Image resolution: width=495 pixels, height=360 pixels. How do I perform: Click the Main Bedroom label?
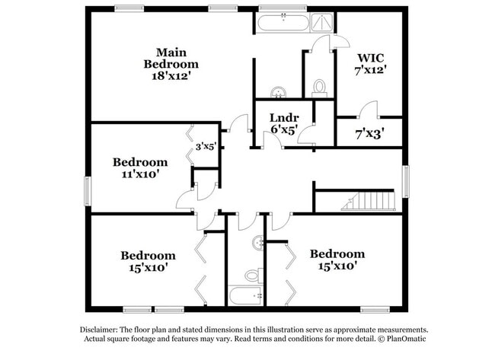click(171, 64)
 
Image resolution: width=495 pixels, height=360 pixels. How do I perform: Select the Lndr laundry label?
click(284, 123)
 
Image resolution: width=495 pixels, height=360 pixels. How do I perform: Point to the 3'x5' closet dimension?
click(206, 146)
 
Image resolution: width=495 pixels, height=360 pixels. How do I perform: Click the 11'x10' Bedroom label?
click(140, 168)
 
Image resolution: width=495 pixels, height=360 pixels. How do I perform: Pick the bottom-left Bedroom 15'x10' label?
click(148, 261)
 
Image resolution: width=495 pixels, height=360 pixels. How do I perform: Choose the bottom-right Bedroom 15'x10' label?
click(337, 260)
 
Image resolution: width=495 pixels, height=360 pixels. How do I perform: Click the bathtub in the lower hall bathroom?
click(246, 295)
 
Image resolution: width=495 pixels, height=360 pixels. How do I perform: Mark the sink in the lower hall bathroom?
click(259, 244)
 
